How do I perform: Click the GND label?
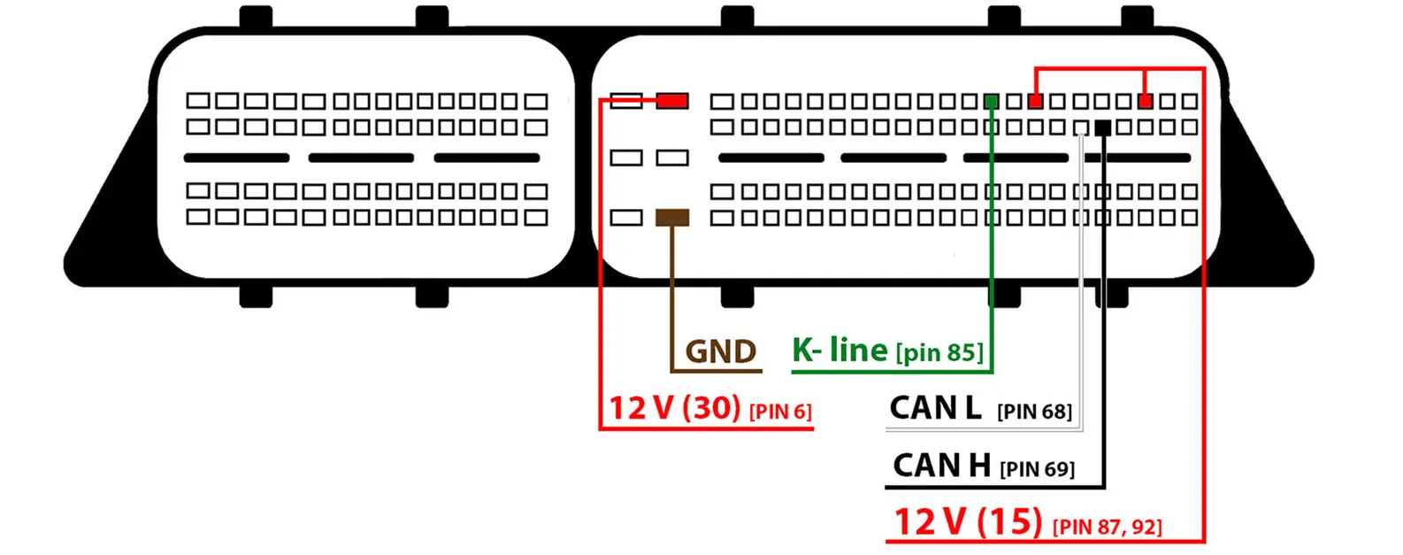721,352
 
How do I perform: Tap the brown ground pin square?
672,217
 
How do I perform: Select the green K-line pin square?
992,102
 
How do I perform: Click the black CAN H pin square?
1102,127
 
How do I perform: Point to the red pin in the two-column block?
672,101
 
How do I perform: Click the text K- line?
839,351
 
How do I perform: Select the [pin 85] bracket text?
939,353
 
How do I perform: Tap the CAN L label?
935,408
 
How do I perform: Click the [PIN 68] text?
1034,412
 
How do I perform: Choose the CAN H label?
941,466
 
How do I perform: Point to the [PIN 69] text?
1037,469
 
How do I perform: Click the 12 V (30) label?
674,408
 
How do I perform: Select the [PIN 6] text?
780,412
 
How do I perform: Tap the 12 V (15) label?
968,521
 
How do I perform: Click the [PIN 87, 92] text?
1107,527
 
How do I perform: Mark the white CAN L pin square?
1080,127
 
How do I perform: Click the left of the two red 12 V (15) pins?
1036,102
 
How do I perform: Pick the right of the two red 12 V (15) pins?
1146,102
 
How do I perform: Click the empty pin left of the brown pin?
626,217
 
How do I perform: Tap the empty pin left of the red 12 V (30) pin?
626,101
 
